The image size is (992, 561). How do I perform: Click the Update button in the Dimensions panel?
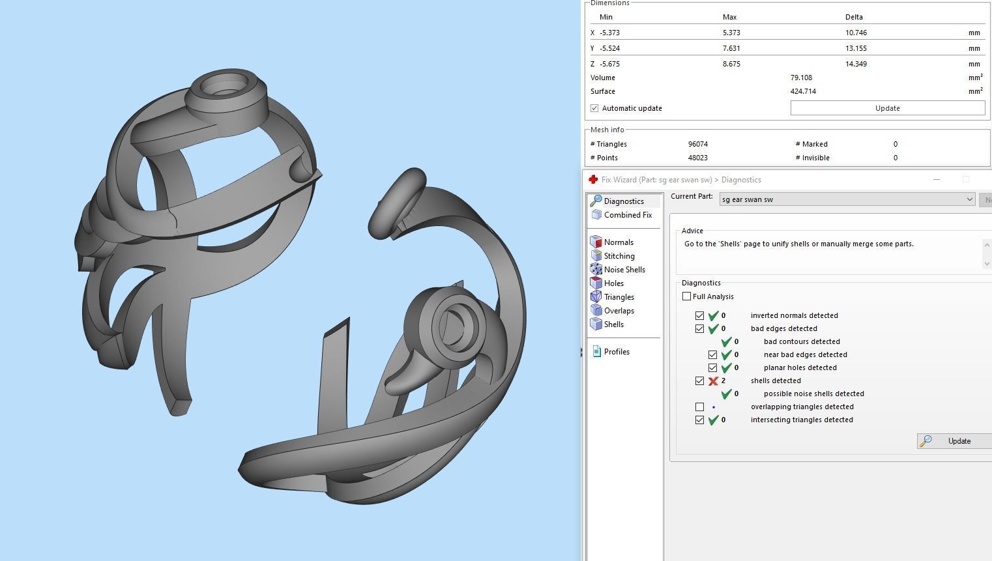tap(887, 108)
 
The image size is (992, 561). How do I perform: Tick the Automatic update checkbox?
tap(594, 108)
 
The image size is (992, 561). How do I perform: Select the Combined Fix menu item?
tap(627, 215)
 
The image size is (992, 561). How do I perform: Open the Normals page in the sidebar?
tap(618, 242)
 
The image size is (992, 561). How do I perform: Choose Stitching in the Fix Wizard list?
tap(619, 256)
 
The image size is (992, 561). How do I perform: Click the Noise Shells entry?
tap(624, 270)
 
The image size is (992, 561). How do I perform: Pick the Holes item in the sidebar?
tap(613, 283)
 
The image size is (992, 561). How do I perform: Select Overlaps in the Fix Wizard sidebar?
tap(619, 311)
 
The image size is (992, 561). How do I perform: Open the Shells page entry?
tap(613, 324)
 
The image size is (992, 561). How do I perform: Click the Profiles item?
tap(616, 352)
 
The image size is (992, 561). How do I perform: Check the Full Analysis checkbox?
tap(686, 296)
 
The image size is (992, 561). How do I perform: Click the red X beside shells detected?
tap(713, 381)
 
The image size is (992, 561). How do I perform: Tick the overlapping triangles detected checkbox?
tap(699, 407)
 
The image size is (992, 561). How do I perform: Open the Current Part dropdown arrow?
tap(969, 199)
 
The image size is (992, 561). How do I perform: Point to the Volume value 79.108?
tap(801, 78)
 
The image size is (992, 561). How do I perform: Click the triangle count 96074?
tap(697, 144)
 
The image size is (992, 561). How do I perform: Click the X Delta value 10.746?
tap(856, 33)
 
